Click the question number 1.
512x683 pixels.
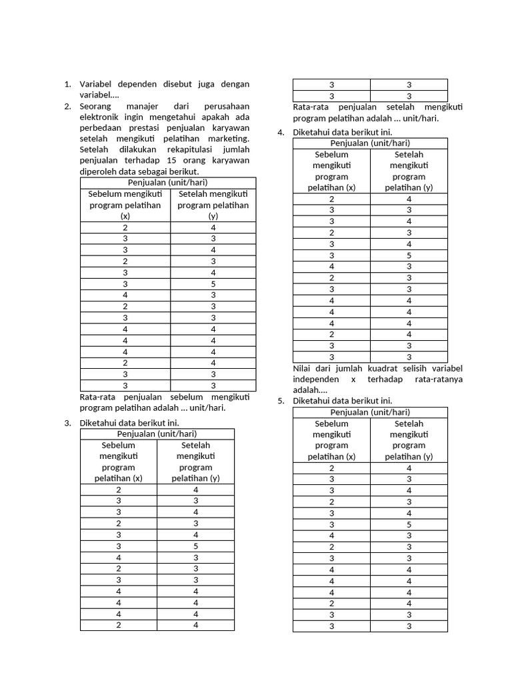pos(67,84)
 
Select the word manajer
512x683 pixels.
pos(142,106)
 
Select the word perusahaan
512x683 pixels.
pos(227,106)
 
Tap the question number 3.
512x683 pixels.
pos(67,423)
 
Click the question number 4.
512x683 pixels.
pos(281,132)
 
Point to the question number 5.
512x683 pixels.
pos(281,401)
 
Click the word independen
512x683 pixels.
pos(315,379)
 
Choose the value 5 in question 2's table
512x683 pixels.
pos(213,283)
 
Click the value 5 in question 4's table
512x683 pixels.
pos(409,255)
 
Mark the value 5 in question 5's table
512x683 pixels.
pos(409,524)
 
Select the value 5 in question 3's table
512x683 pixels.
pos(195,546)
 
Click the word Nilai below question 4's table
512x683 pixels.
pos(303,368)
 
